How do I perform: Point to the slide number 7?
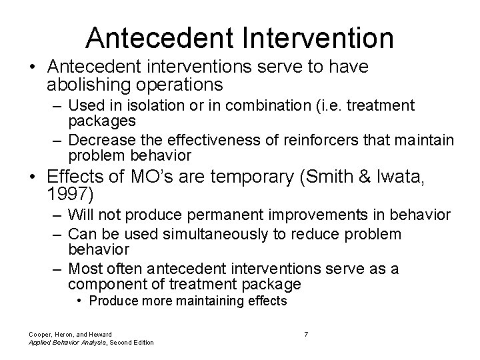pos(306,333)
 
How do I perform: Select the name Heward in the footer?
pos(98,333)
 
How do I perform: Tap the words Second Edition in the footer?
pos(131,342)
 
